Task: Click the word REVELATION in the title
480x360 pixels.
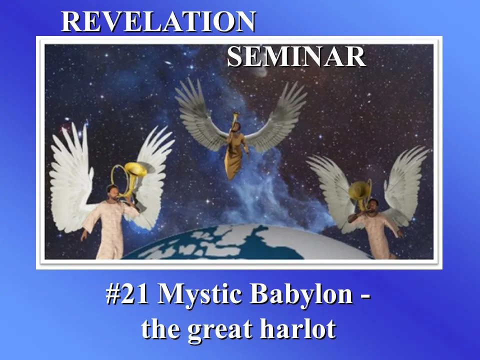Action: coord(158,21)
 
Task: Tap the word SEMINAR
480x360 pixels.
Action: coord(296,56)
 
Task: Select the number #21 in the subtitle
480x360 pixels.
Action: coord(127,293)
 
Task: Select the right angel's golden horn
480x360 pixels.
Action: coord(360,192)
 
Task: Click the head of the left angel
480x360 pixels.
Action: coord(112,191)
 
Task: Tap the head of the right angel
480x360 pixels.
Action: coord(373,205)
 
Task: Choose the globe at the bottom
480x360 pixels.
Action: coord(245,243)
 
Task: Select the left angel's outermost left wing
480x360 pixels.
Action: coord(71,177)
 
